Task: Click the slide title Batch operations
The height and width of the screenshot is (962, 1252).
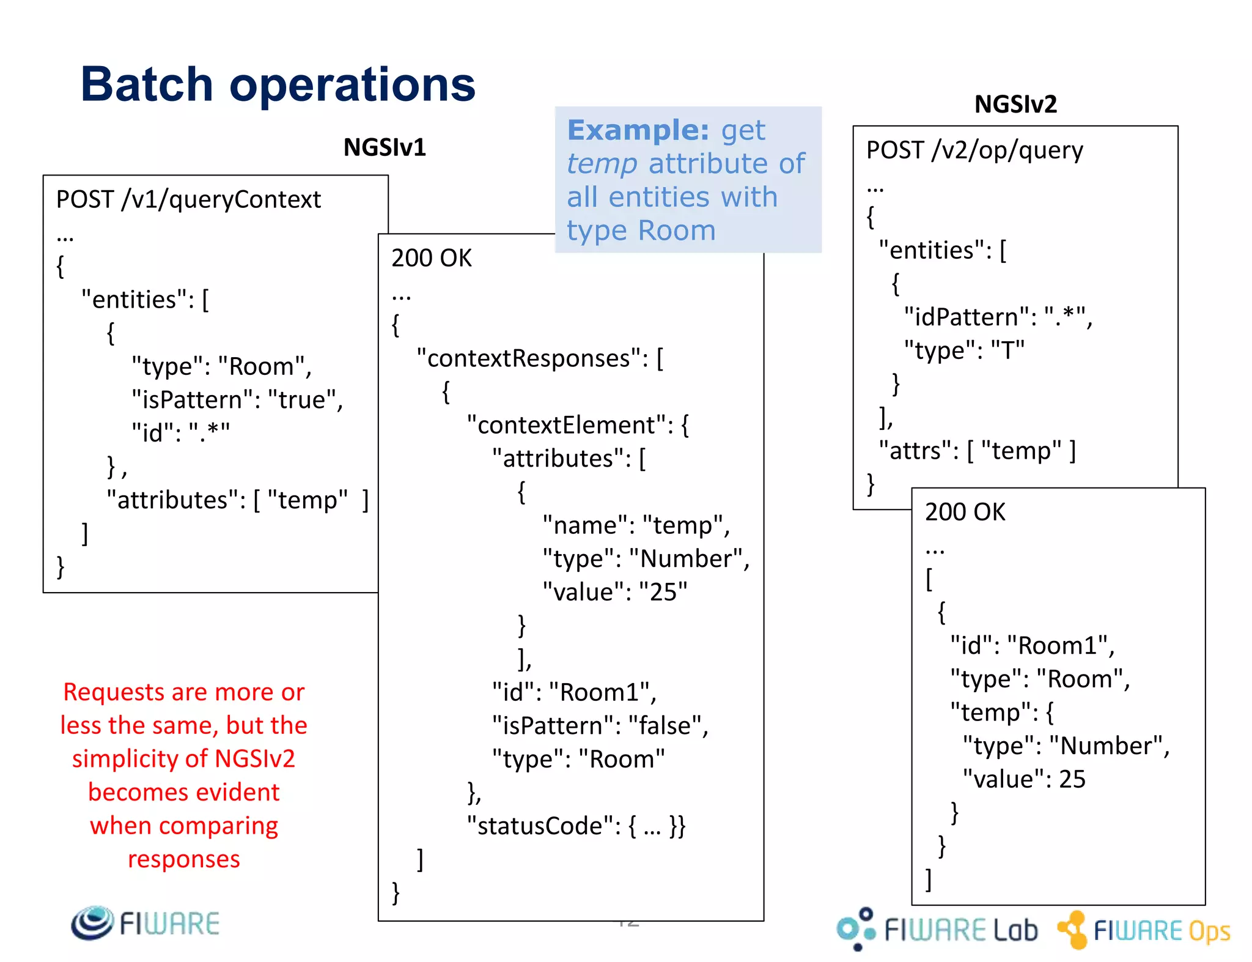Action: click(278, 84)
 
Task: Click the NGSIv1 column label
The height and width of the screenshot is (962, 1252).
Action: click(385, 147)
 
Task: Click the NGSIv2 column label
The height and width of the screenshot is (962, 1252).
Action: click(1015, 104)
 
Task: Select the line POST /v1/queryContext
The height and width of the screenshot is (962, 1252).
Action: click(188, 199)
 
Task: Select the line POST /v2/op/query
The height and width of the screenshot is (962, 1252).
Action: click(974, 150)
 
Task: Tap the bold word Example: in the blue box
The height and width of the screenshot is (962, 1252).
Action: click(638, 130)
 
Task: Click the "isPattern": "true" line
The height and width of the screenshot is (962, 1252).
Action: click(237, 400)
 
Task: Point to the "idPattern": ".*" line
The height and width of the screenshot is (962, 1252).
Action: click(998, 317)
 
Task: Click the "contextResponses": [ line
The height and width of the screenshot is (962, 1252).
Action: click(540, 358)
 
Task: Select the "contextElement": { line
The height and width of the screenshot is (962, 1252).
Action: click(578, 425)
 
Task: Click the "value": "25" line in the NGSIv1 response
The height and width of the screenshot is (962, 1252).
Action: click(615, 592)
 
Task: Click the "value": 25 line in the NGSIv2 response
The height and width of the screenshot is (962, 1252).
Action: click(1024, 779)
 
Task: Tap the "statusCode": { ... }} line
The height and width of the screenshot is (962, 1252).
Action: click(576, 826)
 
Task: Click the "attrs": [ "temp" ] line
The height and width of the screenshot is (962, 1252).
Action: click(977, 451)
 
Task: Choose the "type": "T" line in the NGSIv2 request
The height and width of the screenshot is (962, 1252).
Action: click(964, 350)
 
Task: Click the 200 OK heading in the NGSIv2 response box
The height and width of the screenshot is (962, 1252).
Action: click(965, 512)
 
